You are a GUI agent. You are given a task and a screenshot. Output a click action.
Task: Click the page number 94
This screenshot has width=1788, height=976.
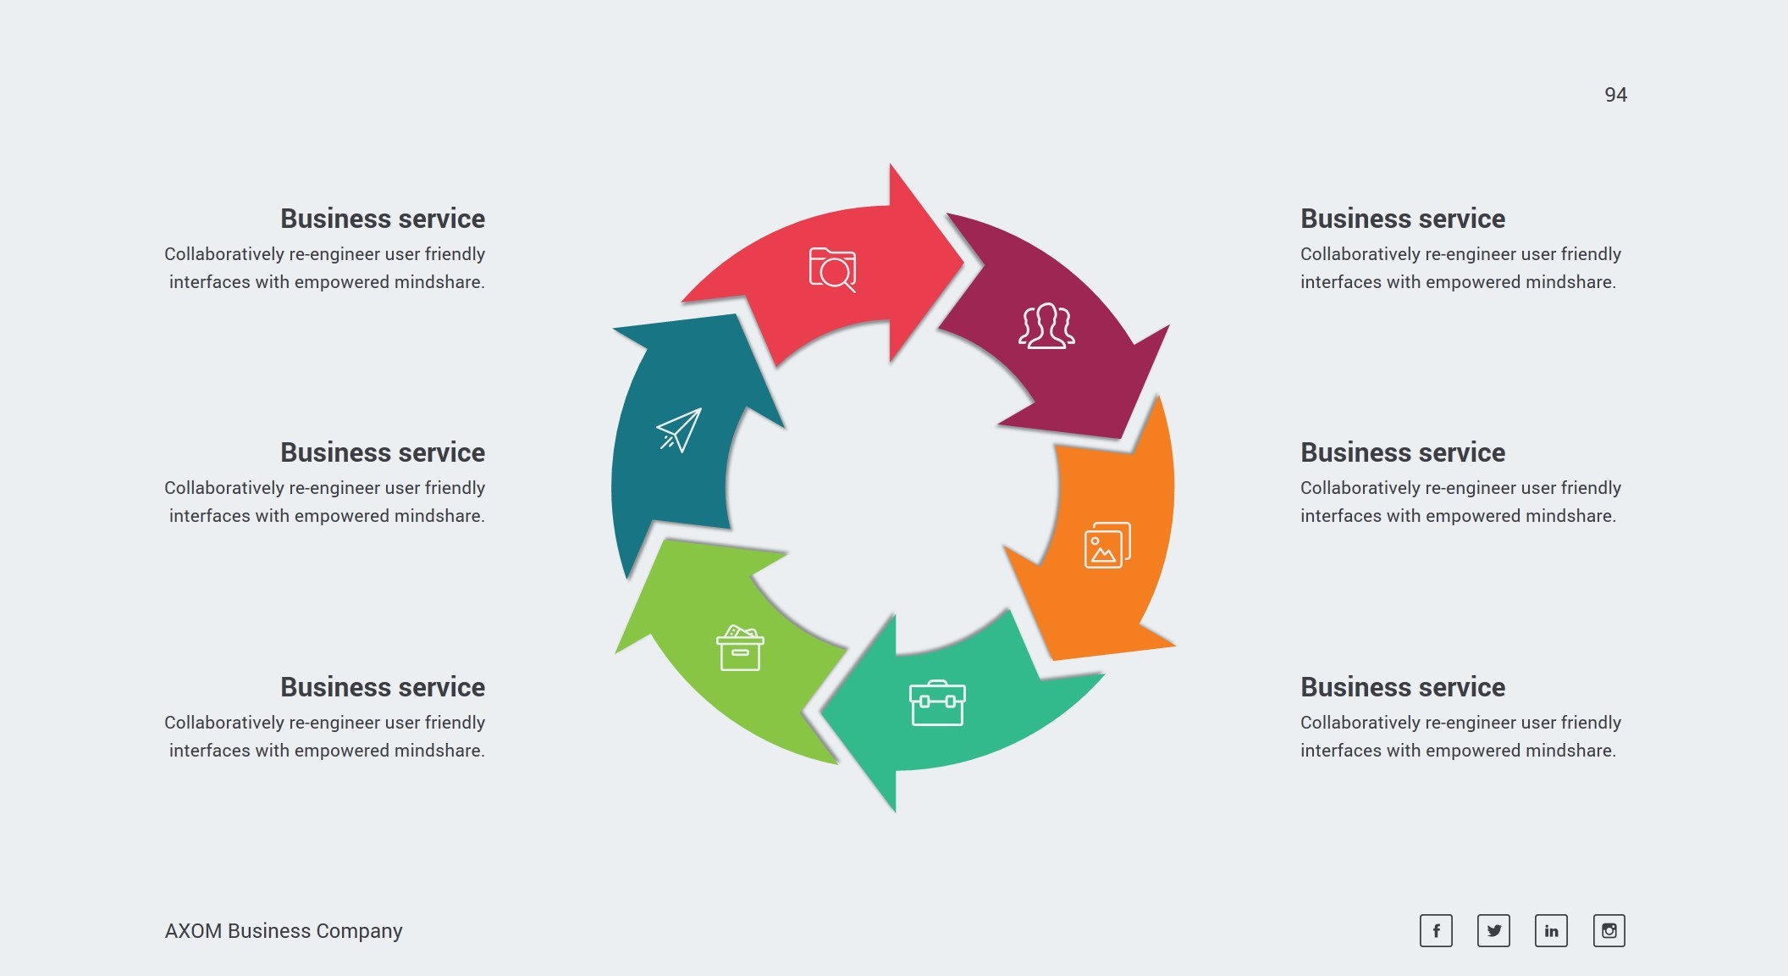pyautogui.click(x=1615, y=95)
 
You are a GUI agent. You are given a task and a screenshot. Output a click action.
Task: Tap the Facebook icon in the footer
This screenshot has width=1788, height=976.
pyautogui.click(x=1436, y=930)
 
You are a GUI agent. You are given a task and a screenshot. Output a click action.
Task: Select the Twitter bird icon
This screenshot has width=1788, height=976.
pyautogui.click(x=1493, y=930)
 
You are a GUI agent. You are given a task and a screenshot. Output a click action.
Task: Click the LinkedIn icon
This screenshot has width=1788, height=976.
pyautogui.click(x=1551, y=930)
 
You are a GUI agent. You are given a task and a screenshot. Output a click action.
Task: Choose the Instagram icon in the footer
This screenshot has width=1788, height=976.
pyautogui.click(x=1609, y=930)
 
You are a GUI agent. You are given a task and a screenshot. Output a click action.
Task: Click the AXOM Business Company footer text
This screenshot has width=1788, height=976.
pyautogui.click(x=284, y=930)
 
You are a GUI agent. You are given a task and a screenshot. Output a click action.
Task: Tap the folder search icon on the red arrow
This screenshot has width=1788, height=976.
pyautogui.click(x=832, y=269)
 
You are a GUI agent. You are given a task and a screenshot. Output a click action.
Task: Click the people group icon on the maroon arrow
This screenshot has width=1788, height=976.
pyautogui.click(x=1046, y=326)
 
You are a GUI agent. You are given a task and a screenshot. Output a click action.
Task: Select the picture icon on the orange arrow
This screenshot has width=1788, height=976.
pyautogui.click(x=1107, y=545)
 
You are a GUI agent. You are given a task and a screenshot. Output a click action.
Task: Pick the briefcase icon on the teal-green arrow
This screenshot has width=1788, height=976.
pyautogui.click(x=937, y=703)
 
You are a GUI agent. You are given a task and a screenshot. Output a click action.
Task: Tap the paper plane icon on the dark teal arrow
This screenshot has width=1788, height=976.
pyautogui.click(x=679, y=430)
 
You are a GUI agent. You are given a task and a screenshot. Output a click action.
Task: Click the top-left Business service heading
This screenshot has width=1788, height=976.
pyautogui.click(x=383, y=219)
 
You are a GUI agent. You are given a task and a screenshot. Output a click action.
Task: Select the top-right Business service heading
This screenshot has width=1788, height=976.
pyautogui.click(x=1403, y=219)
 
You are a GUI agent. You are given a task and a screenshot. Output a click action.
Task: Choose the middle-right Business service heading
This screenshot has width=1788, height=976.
pyautogui.click(x=1403, y=452)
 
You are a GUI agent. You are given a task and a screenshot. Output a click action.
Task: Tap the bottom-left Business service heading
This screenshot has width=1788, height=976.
pyautogui.click(x=383, y=687)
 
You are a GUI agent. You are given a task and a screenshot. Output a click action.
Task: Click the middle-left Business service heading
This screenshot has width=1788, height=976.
pyautogui.click(x=383, y=452)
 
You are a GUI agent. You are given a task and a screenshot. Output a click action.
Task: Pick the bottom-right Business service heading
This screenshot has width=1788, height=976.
pyautogui.click(x=1403, y=687)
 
